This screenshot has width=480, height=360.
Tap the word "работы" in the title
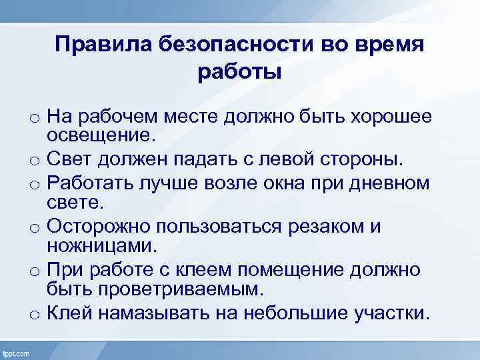pyautogui.click(x=240, y=71)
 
